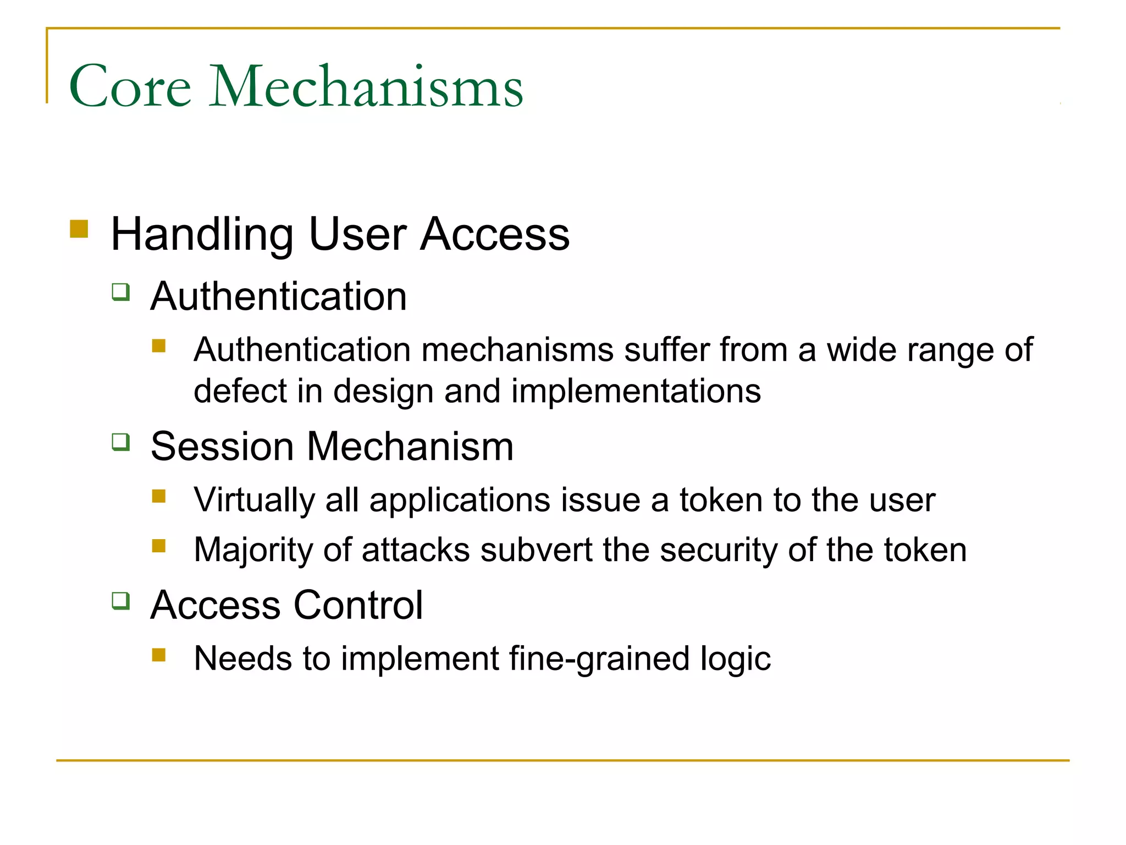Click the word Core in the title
click(130, 86)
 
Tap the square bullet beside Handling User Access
click(79, 229)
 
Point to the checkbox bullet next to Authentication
click(121, 292)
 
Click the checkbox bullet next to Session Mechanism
click(121, 442)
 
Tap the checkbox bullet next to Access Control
click(121, 600)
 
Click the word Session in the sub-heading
click(222, 446)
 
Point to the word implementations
click(636, 392)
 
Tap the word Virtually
click(255, 500)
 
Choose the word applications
click(460, 501)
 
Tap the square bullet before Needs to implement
click(159, 655)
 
